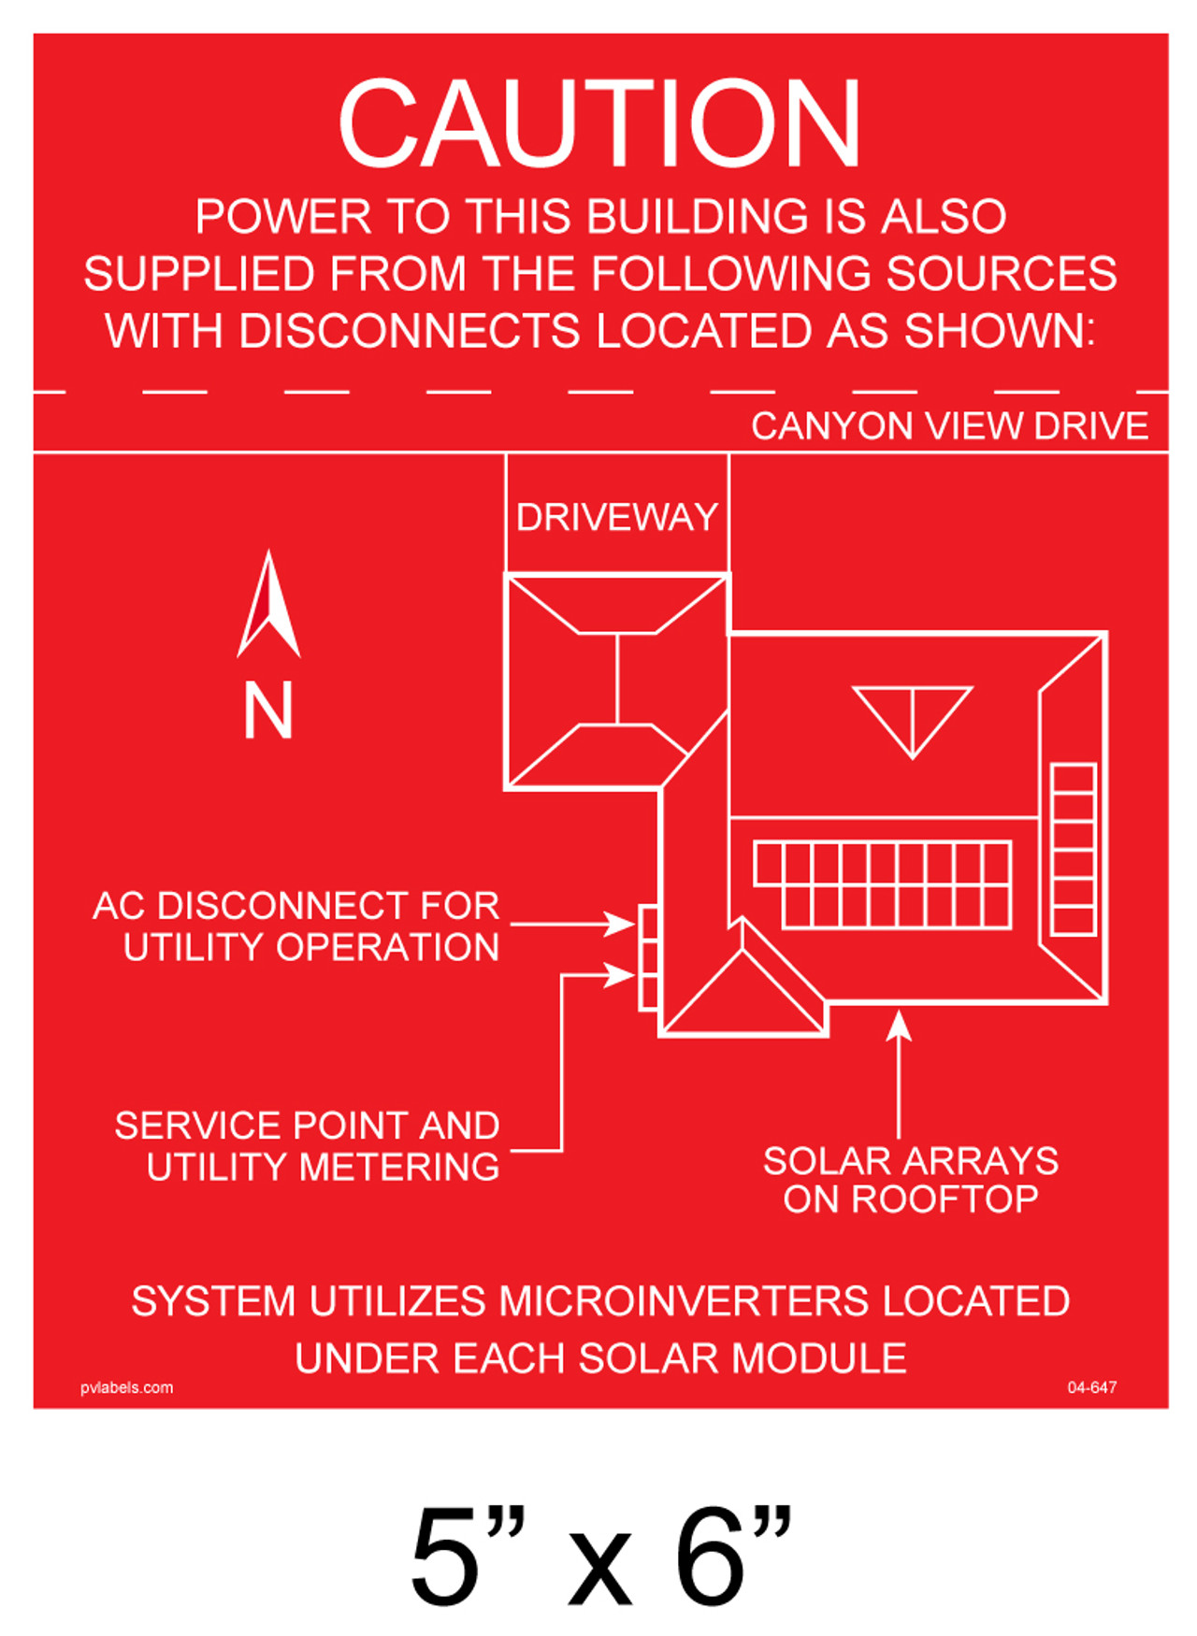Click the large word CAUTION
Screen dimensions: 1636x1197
(598, 123)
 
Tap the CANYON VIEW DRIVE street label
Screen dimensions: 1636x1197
(949, 426)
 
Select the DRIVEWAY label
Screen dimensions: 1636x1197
(616, 517)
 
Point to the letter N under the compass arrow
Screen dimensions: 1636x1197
(268, 710)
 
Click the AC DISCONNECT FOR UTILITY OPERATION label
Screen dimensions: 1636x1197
(296, 926)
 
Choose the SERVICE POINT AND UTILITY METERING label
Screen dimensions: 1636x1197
(307, 1146)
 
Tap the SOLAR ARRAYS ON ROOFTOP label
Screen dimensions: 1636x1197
(910, 1180)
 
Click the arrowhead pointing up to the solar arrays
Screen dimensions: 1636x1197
(899, 1026)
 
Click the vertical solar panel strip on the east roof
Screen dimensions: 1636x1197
(1073, 850)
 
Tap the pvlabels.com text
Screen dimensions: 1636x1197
(126, 1387)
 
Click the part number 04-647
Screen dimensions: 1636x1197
(1091, 1387)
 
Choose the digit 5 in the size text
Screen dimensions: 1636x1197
(447, 1557)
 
